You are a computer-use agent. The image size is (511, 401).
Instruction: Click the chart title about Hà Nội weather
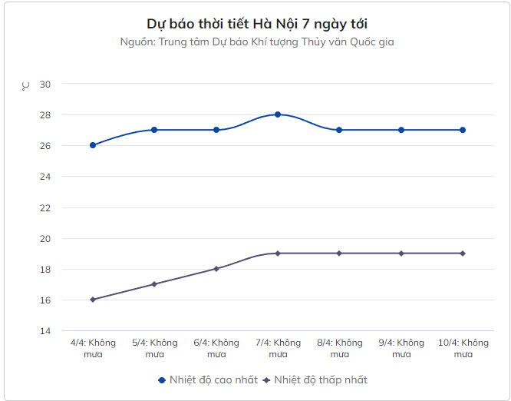coord(256,24)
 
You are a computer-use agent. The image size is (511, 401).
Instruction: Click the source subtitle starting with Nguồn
coord(256,41)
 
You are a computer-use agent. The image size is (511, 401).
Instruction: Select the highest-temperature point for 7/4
coord(278,114)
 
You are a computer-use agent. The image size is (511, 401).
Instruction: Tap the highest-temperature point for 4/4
coord(93,145)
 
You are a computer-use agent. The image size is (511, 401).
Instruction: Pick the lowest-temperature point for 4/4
coord(93,300)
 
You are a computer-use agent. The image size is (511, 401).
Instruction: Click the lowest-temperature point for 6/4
coord(216,269)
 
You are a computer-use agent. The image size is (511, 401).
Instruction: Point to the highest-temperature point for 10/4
coord(463,130)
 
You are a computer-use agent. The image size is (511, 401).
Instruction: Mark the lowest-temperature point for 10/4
coord(463,254)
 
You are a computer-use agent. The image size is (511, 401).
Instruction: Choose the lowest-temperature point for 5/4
coord(154,284)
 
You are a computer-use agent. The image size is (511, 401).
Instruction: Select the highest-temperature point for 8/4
coord(339,130)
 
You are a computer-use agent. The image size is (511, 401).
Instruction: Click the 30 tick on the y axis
coord(45,84)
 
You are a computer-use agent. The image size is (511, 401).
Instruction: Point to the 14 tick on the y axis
coord(45,331)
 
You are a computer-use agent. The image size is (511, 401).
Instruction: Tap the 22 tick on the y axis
coord(45,207)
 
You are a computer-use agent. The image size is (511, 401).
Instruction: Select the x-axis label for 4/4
coord(93,348)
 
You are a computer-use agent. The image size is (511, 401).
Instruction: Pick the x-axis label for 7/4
coord(278,348)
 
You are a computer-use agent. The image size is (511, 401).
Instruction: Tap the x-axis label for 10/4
coord(463,348)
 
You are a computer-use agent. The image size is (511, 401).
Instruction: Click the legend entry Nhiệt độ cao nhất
coord(206,379)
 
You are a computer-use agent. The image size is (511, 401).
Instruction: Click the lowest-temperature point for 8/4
coord(339,254)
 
